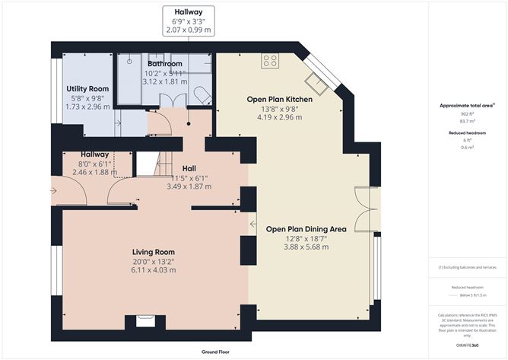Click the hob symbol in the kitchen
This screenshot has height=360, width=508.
[270, 61]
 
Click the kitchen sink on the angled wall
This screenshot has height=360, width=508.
[313, 81]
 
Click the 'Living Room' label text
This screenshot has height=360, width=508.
[154, 252]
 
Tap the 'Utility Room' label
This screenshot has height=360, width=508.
[88, 89]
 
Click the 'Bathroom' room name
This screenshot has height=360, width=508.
[165, 64]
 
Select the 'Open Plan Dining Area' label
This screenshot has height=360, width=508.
[306, 228]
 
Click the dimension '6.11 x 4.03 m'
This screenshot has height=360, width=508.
[154, 270]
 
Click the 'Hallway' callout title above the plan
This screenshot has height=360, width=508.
[189, 12]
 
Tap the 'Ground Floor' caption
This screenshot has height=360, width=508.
[217, 352]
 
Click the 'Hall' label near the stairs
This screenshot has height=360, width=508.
[189, 168]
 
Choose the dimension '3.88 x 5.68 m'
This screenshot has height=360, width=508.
[306, 247]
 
